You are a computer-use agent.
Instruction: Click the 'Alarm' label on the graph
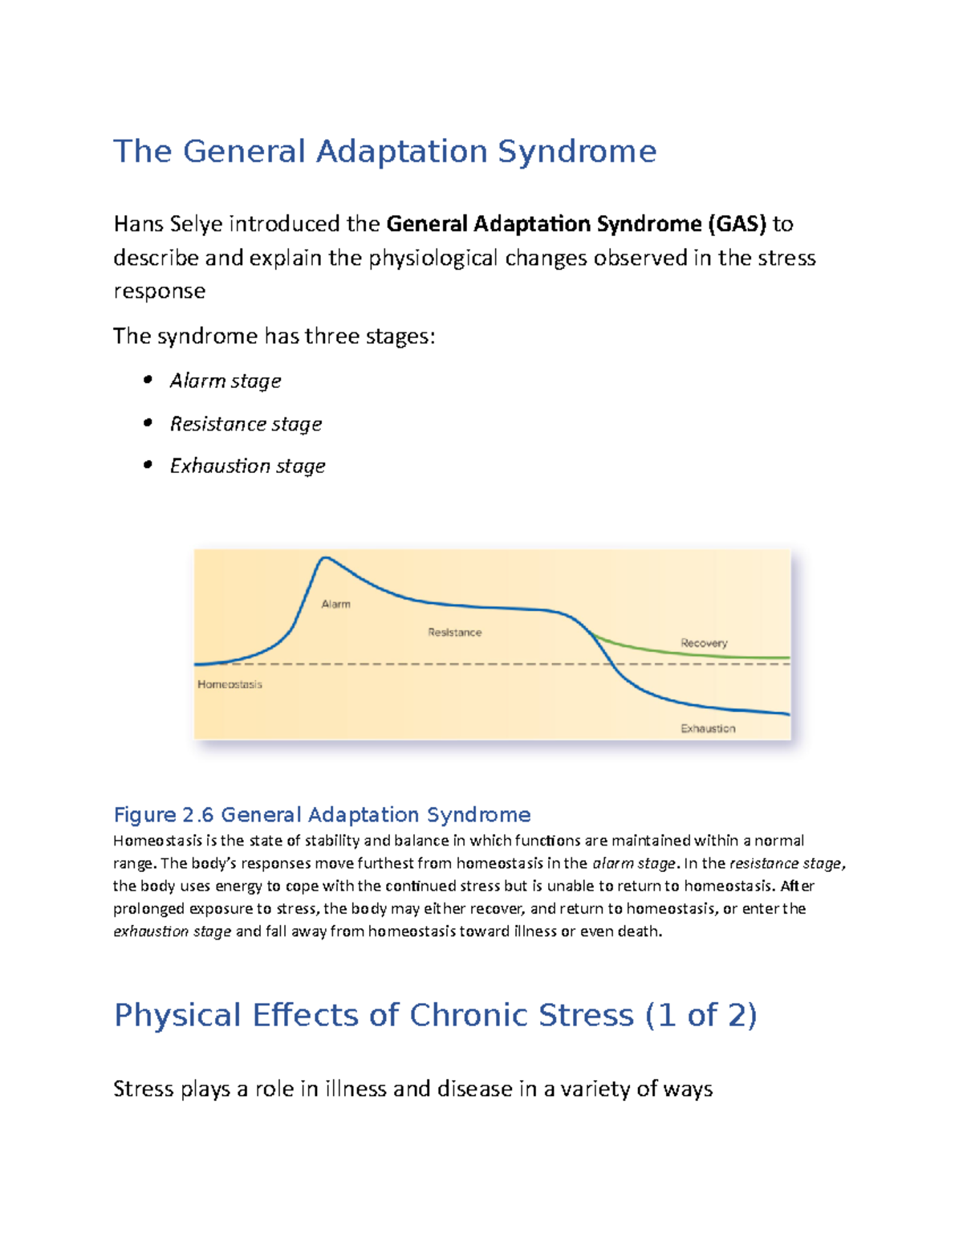pyautogui.click(x=335, y=604)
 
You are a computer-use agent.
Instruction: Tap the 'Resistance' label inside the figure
pyautogui.click(x=454, y=633)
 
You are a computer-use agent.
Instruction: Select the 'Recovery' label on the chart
pyautogui.click(x=704, y=643)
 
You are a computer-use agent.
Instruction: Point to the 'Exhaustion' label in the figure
pyautogui.click(x=708, y=729)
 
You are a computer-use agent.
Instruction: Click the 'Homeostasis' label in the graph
pyautogui.click(x=230, y=685)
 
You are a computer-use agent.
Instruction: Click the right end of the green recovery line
pyautogui.click(x=788, y=658)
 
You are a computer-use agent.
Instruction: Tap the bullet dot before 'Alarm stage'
pyautogui.click(x=148, y=380)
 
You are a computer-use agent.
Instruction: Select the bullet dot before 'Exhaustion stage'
pyautogui.click(x=148, y=465)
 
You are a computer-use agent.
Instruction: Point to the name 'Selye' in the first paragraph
pyautogui.click(x=197, y=224)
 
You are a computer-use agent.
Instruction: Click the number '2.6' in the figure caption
pyautogui.click(x=198, y=815)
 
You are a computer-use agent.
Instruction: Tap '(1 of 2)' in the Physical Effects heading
pyautogui.click(x=701, y=1015)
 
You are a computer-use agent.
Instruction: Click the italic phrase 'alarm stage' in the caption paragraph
pyautogui.click(x=634, y=864)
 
